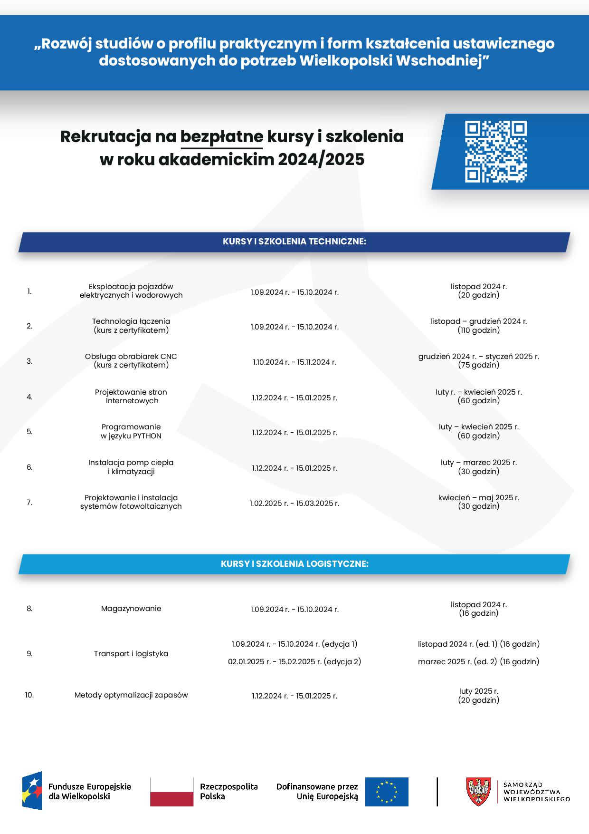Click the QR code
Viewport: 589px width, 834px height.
[495, 152]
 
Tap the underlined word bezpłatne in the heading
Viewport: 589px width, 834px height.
[221, 137]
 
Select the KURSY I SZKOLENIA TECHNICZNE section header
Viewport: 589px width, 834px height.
[294, 242]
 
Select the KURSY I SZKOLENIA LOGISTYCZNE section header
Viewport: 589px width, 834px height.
[294, 564]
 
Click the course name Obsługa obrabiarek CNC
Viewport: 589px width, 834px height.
[131, 357]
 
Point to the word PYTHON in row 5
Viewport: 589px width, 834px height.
[147, 436]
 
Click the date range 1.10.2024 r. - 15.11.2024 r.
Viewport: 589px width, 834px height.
[294, 362]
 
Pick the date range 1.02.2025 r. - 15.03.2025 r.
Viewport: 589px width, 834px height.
[294, 503]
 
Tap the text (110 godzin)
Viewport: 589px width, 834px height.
[478, 330]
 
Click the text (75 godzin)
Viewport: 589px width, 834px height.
[478, 365]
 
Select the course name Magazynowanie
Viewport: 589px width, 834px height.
[131, 609]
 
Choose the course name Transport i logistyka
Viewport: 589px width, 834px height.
[131, 654]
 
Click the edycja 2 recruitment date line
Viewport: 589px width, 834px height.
[294, 661]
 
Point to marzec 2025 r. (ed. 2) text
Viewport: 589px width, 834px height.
[478, 661]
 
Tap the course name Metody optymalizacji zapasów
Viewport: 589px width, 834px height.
[131, 695]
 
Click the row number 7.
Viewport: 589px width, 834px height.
[29, 502]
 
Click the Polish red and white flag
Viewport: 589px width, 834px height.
[171, 792]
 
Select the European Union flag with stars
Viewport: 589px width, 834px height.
[386, 792]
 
